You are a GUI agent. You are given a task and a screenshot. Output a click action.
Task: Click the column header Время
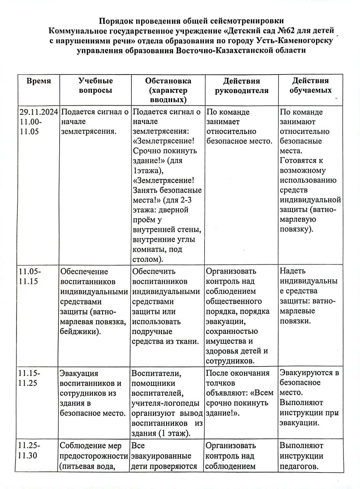[39, 81]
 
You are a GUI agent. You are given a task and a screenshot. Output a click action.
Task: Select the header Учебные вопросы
[96, 85]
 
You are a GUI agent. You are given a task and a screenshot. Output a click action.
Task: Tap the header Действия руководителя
[242, 86]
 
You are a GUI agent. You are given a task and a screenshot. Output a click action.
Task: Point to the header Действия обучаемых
[310, 85]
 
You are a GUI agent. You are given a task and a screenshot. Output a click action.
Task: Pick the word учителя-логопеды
[165, 403]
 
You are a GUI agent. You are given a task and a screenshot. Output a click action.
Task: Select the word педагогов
[299, 466]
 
